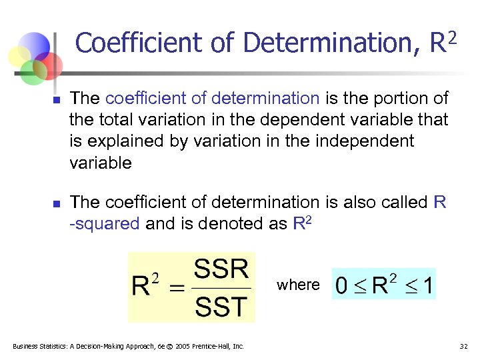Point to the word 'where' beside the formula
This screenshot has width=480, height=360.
click(298, 285)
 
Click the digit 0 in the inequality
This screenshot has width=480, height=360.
click(341, 286)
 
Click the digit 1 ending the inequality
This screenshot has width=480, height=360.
click(428, 286)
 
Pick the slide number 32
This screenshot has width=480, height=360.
click(464, 346)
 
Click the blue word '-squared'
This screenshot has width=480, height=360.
click(105, 223)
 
